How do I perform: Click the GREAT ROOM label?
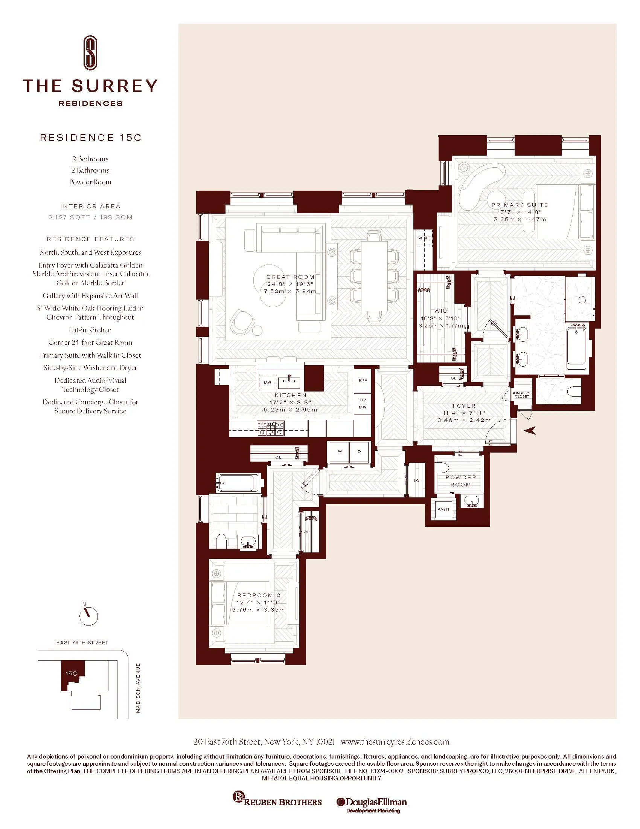click(290, 277)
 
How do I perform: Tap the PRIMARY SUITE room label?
click(520, 205)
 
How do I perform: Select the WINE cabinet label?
click(424, 238)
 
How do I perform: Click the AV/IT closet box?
click(443, 509)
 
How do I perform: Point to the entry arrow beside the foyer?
click(530, 430)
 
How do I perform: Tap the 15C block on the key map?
click(71, 673)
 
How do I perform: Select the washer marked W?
click(340, 452)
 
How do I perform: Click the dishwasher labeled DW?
click(268, 382)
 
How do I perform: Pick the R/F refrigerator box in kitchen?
click(363, 380)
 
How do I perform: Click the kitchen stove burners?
click(270, 428)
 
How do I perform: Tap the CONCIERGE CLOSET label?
click(522, 395)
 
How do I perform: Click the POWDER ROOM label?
click(461, 481)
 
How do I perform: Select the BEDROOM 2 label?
click(259, 595)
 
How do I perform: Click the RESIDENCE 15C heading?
click(91, 138)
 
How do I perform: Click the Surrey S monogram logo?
click(90, 53)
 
